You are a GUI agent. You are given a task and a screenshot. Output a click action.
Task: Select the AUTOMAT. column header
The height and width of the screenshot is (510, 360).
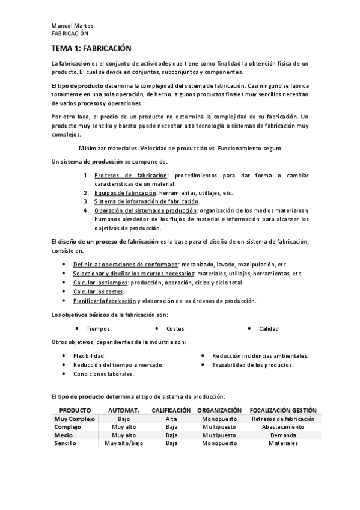pos(124,410)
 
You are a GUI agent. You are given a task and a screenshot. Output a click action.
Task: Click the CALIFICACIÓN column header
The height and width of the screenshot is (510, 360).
pos(171,410)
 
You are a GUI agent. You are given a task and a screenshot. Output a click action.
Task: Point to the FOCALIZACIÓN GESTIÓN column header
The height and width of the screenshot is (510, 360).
pos(283,410)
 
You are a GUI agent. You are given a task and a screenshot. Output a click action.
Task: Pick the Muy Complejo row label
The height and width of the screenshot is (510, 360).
pos(75,419)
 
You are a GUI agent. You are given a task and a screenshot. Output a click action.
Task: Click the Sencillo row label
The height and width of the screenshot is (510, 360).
pos(66,443)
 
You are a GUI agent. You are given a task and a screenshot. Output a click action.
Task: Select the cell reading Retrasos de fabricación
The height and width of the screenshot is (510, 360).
pos(283,419)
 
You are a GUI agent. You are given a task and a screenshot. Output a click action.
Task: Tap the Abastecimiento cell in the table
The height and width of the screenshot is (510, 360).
pos(283,426)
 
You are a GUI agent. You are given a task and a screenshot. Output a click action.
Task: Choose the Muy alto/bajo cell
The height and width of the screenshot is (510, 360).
pos(124,443)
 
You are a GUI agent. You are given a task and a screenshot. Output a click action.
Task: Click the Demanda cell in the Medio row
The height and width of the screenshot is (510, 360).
pos(283,435)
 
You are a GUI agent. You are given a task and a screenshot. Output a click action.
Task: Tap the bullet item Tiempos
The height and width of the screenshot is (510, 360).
pos(98,329)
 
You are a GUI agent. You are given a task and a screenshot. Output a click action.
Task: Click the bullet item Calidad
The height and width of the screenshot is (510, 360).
pos(269,329)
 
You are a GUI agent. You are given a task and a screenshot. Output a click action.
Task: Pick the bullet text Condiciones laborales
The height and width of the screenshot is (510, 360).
pos(103,373)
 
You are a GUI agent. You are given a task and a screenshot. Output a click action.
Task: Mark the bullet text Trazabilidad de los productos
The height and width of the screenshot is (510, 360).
pos(253,364)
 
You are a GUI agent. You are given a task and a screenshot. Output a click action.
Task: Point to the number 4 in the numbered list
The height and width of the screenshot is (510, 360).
pos(87,210)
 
